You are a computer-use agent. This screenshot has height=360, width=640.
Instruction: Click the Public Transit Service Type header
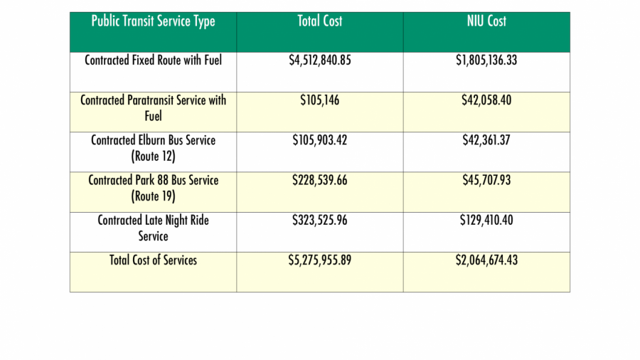tap(153, 21)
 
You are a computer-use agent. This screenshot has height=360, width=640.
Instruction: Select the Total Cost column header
tap(319, 21)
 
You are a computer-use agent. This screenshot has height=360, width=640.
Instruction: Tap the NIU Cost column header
tap(486, 21)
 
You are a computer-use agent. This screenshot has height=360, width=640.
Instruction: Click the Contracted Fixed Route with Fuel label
tap(153, 60)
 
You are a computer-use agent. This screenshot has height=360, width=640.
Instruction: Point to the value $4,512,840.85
tap(319, 60)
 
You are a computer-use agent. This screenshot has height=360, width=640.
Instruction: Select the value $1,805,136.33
tap(486, 60)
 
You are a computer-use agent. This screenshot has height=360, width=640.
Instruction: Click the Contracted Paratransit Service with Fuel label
tap(153, 107)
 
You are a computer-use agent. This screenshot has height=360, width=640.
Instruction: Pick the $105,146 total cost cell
tap(319, 100)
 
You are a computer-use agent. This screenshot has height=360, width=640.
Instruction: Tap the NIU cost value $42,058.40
tap(486, 100)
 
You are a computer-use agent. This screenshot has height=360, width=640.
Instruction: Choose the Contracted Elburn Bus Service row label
tap(153, 147)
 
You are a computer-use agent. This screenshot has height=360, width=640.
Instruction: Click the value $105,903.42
tap(319, 140)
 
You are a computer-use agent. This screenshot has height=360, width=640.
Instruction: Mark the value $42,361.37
tap(486, 140)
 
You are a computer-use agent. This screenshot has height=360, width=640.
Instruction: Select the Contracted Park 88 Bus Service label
tap(153, 187)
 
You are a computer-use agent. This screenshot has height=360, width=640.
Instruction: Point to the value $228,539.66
tap(319, 180)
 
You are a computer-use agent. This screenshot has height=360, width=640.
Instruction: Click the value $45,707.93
tap(486, 180)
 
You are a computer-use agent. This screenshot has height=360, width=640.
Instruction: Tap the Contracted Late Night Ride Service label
tap(153, 228)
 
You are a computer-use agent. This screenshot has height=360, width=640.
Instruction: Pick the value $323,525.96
tap(319, 221)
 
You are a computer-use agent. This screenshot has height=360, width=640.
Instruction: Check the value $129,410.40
tap(486, 221)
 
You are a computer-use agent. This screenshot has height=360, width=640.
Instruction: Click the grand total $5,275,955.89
tap(319, 260)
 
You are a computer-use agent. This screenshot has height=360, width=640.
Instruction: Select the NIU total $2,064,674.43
tap(486, 260)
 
